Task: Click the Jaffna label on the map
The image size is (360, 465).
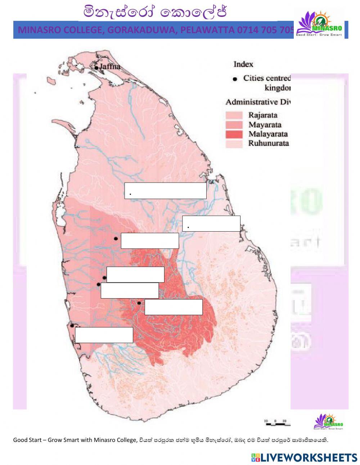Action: click(110, 67)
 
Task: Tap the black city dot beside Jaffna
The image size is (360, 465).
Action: click(96, 67)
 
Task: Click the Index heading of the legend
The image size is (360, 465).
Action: click(243, 64)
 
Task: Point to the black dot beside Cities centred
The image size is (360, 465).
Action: click(235, 79)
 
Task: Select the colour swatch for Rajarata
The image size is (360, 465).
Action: click(234, 115)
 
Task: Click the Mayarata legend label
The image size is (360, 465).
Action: click(265, 125)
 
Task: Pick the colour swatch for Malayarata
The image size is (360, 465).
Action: click(234, 134)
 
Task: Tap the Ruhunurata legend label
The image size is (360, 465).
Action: click(269, 143)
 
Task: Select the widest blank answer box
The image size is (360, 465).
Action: click(165, 191)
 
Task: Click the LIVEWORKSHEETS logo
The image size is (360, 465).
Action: click(304, 457)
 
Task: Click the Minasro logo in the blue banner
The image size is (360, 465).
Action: click(319, 23)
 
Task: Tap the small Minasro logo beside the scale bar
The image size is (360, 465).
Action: click(329, 421)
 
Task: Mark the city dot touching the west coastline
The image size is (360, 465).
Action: click(72, 326)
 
